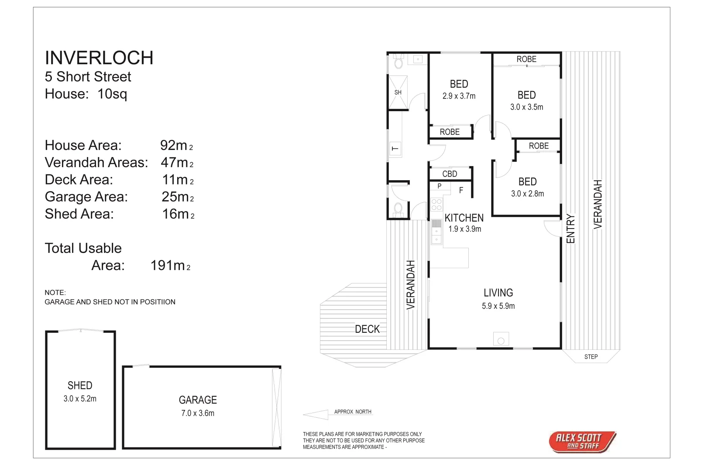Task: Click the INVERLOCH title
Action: (99, 58)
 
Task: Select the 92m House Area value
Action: (176, 145)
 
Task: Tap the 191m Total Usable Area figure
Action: (170, 265)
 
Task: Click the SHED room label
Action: (80, 386)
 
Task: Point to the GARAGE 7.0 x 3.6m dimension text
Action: (198, 413)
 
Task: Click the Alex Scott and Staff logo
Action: (582, 442)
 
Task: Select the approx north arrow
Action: (316, 414)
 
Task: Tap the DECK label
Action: (367, 329)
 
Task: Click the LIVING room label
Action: (498, 293)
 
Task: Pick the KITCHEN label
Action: (464, 218)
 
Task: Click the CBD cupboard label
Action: (450, 174)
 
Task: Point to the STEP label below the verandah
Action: (591, 357)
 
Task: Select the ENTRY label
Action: (570, 229)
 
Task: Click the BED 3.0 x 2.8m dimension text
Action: (527, 194)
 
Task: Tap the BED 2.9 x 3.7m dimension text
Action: (459, 96)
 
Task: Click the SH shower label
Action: (398, 92)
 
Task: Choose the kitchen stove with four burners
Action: (436, 205)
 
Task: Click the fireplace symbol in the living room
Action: (501, 339)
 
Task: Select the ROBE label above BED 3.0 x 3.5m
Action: (526, 59)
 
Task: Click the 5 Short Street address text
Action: (88, 77)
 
